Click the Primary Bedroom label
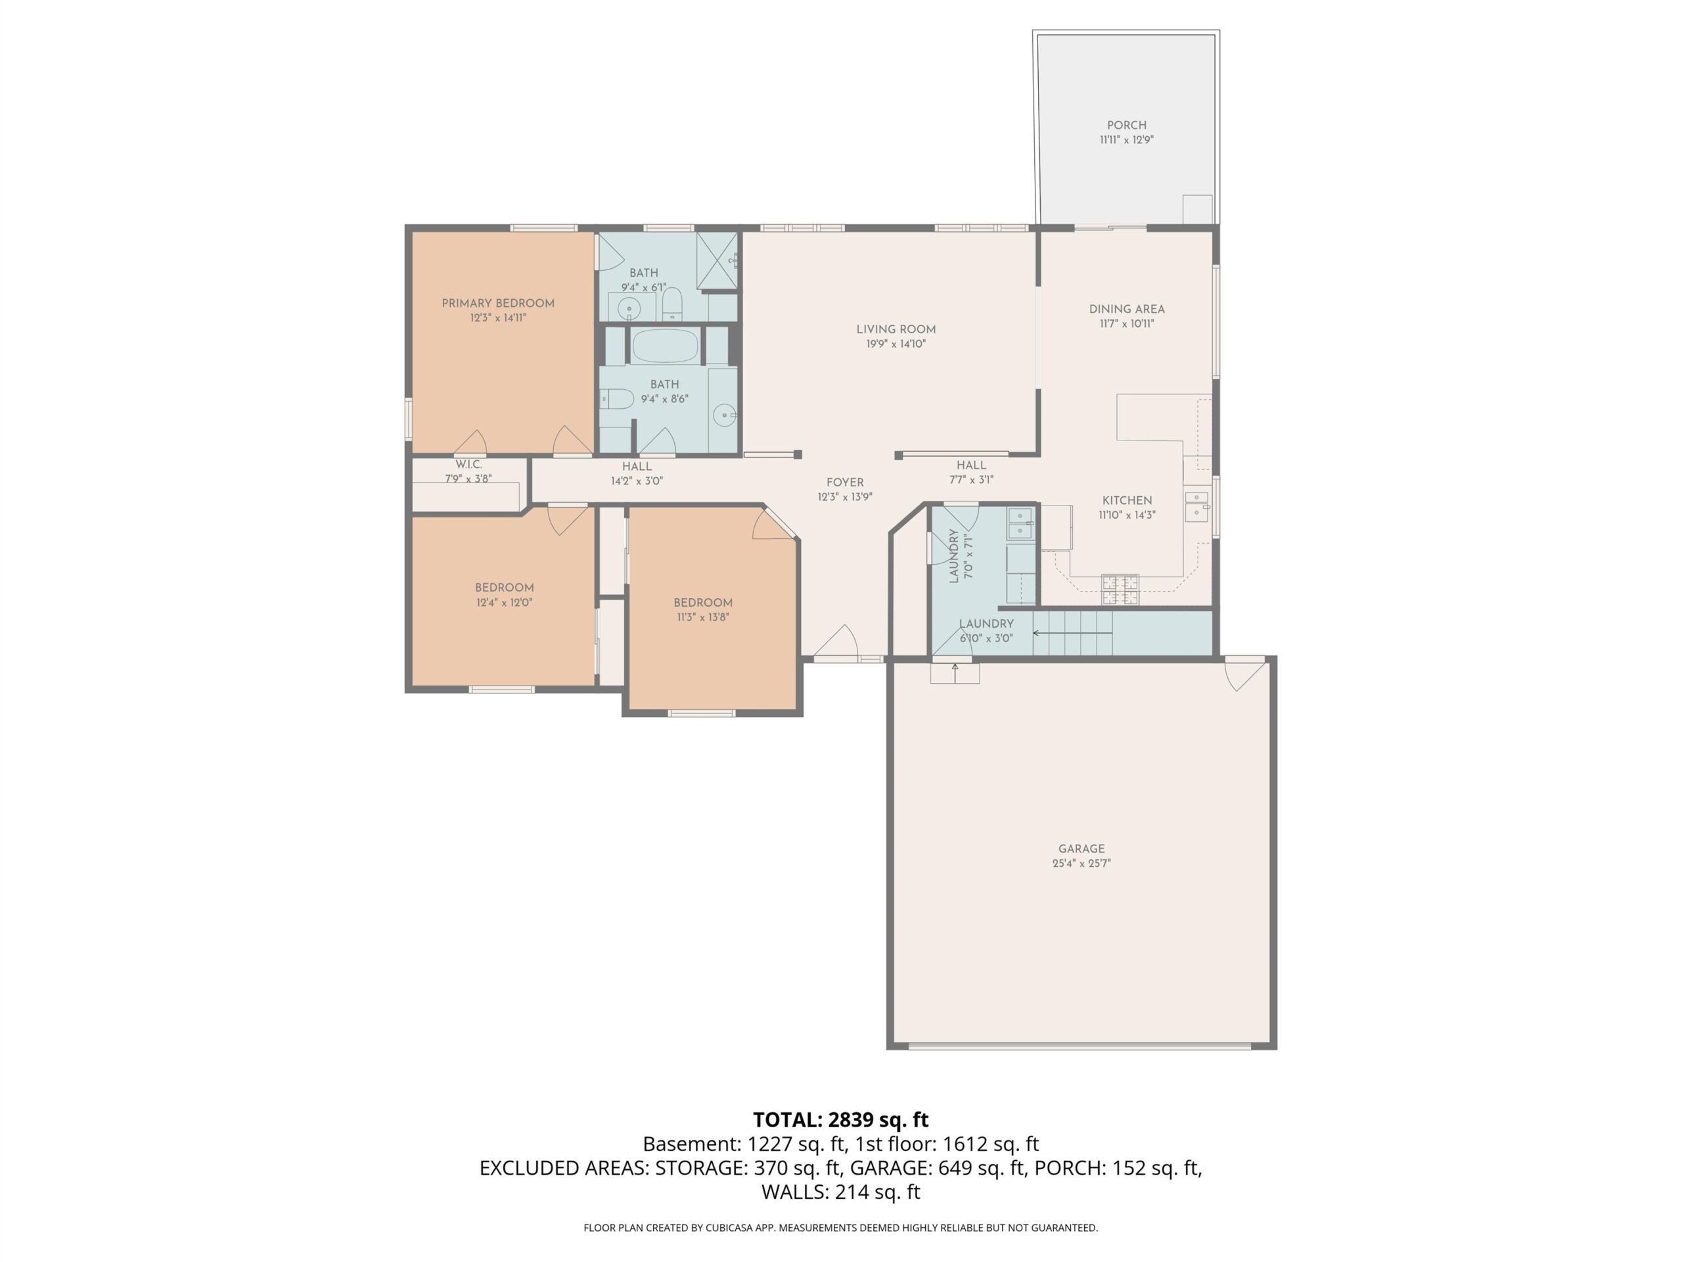(x=498, y=303)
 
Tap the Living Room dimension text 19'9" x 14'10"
(x=896, y=344)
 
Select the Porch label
(x=1126, y=125)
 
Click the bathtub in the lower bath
(x=666, y=346)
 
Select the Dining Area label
(x=1126, y=309)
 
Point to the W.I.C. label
(x=468, y=464)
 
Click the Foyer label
(x=845, y=482)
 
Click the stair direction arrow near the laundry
(x=1072, y=633)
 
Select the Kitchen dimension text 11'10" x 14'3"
(x=1127, y=515)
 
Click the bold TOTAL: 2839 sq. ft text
(x=840, y=1120)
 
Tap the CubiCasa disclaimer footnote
(x=840, y=1228)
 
